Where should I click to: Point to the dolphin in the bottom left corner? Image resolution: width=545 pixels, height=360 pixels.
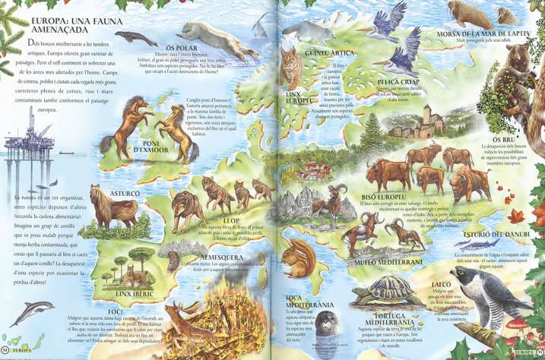32,311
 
